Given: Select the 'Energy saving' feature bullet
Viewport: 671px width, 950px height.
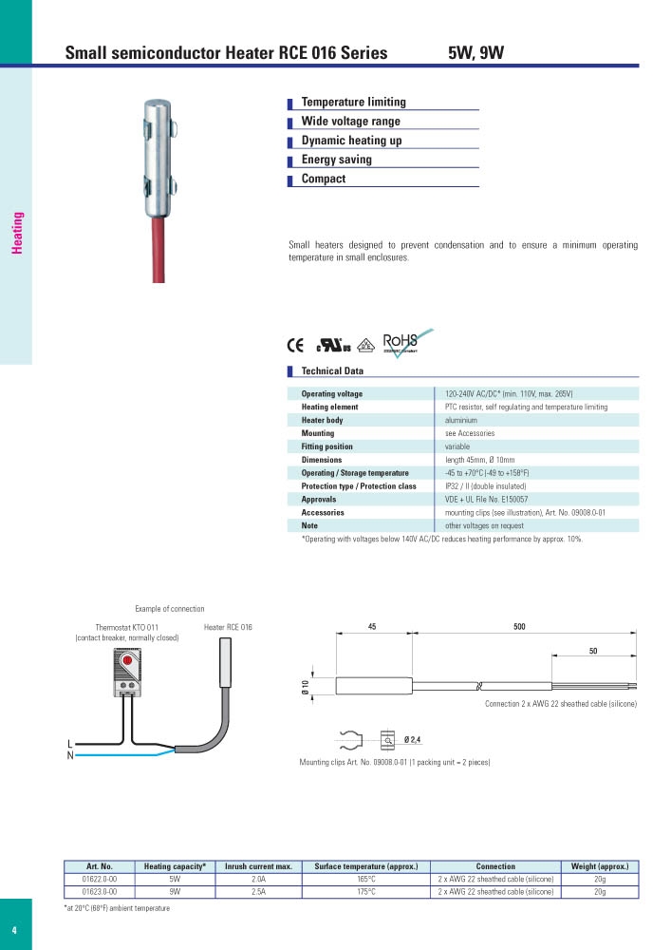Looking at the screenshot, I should [x=336, y=160].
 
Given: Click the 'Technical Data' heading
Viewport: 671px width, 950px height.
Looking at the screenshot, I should [x=331, y=371].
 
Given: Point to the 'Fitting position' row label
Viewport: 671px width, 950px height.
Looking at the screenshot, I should [x=326, y=446].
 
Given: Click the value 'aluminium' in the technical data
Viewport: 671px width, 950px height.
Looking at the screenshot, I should [x=461, y=420].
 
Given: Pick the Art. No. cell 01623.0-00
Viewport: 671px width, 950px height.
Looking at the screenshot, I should [x=100, y=893].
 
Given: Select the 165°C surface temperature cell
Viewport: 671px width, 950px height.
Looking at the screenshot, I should [x=366, y=880].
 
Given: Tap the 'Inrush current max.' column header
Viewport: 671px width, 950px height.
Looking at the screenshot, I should [x=258, y=866].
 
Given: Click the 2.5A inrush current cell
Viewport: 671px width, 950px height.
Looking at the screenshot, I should [x=258, y=893].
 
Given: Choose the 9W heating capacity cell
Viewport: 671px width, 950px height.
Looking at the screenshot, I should [x=175, y=893].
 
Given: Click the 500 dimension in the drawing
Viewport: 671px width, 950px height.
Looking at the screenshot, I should [x=518, y=627].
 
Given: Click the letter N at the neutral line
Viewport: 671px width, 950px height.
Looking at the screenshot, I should [x=70, y=756].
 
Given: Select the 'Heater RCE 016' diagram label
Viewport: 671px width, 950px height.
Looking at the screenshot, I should [x=228, y=628].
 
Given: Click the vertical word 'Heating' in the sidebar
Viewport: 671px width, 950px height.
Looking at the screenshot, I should [x=17, y=233].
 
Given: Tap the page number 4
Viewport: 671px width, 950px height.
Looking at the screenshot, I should [x=14, y=929].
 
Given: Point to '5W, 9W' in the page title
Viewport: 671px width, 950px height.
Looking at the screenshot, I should [x=475, y=53].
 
